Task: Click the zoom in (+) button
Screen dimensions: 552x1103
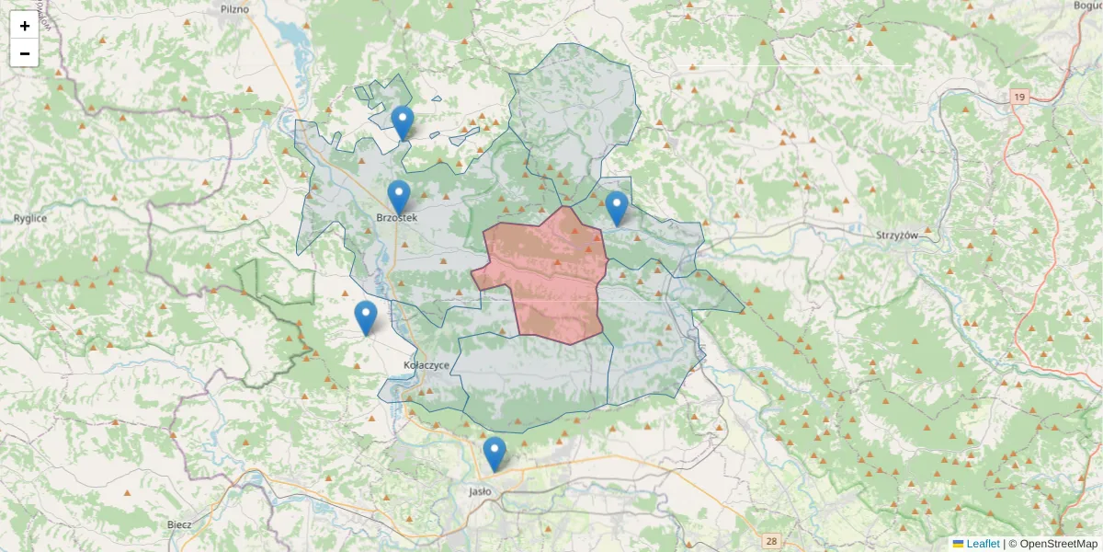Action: pos(25,26)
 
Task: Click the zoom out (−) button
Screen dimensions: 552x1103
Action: pos(25,53)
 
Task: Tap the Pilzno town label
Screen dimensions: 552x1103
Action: pos(234,9)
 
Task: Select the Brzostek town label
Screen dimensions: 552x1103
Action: pos(397,218)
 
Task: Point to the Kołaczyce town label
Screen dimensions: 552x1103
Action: pos(426,365)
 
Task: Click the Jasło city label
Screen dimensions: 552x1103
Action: pos(481,491)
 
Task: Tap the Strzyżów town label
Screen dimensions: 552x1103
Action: pos(897,236)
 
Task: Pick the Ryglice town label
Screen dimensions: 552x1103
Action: pos(30,219)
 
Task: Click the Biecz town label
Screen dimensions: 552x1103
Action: pos(179,524)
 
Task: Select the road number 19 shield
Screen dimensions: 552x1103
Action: pos(1018,97)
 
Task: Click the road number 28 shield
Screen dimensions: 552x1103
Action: pos(770,541)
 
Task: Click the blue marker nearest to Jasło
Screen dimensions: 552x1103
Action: pos(495,454)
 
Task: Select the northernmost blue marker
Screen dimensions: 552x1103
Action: pos(403,122)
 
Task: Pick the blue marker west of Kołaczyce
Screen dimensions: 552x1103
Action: pos(366,317)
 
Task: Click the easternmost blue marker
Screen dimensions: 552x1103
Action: pos(617,208)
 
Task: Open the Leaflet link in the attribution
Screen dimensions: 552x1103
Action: pos(983,544)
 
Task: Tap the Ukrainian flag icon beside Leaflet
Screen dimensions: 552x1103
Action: pos(958,544)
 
